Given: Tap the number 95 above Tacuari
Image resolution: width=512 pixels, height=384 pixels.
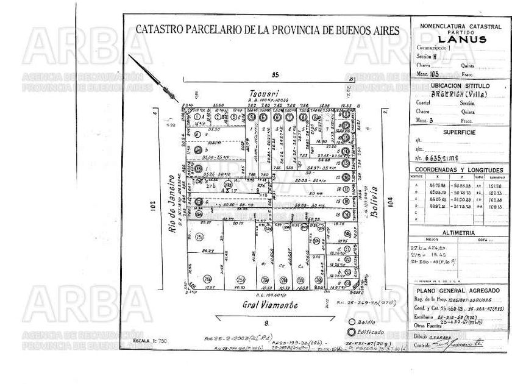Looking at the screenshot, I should (275, 74).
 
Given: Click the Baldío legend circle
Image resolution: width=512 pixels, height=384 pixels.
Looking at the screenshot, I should (351, 322).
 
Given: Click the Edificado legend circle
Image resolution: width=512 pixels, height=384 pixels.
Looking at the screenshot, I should (351, 332).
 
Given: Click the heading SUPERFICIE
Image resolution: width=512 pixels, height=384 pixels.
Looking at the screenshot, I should (458, 130).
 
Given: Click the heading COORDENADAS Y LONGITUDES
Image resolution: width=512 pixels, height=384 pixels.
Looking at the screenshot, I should (458, 170).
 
